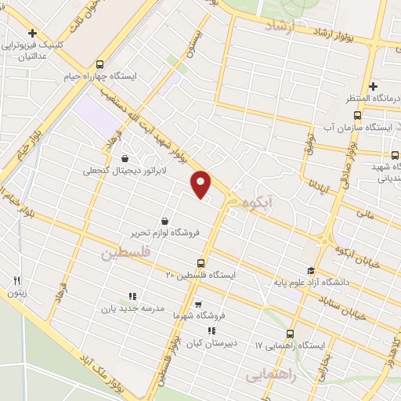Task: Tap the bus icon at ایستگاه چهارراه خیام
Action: [x=99, y=64]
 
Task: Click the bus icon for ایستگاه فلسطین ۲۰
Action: [x=200, y=263]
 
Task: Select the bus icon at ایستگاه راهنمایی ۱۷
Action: [x=291, y=332]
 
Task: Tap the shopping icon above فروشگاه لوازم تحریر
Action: [x=164, y=221]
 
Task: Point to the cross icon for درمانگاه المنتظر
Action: [x=373, y=86]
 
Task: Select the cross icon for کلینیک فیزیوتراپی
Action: [x=32, y=33]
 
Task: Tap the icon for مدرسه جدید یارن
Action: [x=132, y=296]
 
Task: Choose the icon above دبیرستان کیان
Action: [x=211, y=331]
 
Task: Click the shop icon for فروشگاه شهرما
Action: [x=197, y=304]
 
